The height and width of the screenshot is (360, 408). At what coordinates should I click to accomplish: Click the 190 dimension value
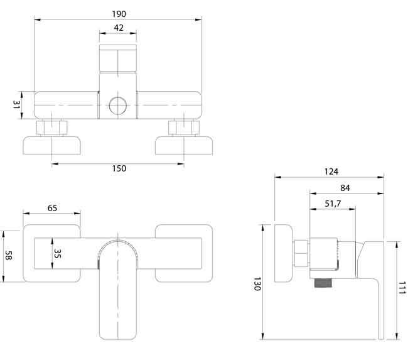pyautogui.click(x=117, y=13)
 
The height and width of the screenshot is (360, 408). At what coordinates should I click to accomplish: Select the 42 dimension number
pyautogui.click(x=118, y=29)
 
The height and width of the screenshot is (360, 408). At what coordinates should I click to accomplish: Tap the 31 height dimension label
pyautogui.click(x=18, y=104)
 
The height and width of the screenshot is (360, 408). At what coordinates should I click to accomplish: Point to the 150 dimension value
pyautogui.click(x=119, y=168)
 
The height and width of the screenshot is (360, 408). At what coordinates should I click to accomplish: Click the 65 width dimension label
pyautogui.click(x=53, y=208)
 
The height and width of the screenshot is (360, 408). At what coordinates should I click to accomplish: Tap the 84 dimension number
pyautogui.click(x=345, y=188)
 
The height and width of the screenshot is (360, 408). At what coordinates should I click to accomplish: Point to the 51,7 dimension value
pyautogui.click(x=333, y=204)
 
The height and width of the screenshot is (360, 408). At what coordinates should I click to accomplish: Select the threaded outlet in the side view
pyautogui.click(x=323, y=283)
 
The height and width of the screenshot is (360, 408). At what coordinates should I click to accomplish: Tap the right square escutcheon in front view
pyautogui.click(x=182, y=254)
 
